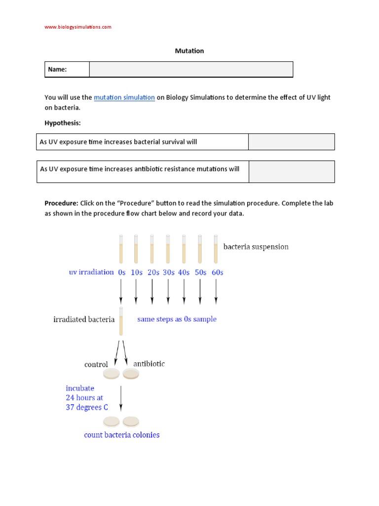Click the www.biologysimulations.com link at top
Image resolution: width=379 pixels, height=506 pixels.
coord(78,27)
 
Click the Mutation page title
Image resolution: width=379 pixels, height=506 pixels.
coord(189,51)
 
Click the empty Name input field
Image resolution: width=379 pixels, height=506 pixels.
coord(191,70)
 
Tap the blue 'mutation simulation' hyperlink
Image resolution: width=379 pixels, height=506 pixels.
coord(124,97)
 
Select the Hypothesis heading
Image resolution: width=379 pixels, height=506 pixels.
coord(62,122)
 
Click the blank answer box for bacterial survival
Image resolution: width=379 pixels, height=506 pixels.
coord(291,142)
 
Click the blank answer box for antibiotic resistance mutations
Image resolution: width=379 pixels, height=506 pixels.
coord(291,171)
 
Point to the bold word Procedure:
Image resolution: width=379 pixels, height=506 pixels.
coord(61,203)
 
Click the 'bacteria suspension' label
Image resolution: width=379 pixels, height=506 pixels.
coord(256,247)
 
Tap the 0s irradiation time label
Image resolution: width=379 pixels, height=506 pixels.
coord(121,272)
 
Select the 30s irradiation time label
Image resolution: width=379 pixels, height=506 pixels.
coord(168,272)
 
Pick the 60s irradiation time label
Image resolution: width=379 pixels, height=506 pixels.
coord(217,272)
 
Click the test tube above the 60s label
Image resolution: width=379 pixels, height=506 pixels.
coord(216,249)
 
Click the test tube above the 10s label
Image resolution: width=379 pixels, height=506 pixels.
coord(136,249)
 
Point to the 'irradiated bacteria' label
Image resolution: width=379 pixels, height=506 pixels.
coord(84,319)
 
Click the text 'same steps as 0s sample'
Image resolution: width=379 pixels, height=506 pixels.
coord(177,319)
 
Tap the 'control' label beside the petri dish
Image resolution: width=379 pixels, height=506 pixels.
coord(96,365)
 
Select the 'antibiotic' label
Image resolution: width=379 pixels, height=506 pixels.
coord(149,364)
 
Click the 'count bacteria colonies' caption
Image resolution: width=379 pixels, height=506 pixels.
coord(121,435)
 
